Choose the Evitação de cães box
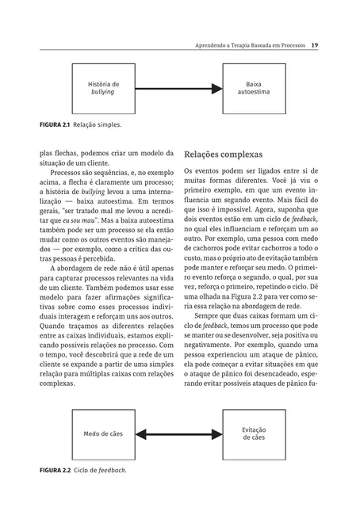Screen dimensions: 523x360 (x=254, y=433)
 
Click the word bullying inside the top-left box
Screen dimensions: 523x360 (x=103, y=92)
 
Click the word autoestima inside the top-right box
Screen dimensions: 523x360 (x=254, y=92)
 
